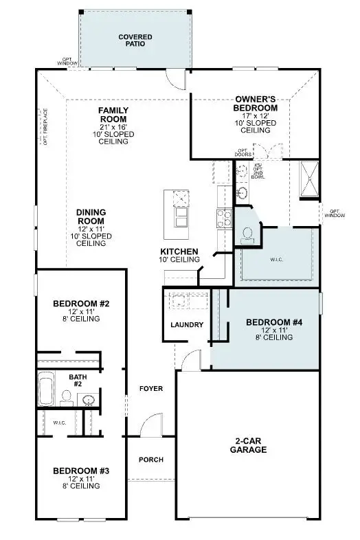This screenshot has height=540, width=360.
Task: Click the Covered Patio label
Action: (135, 40)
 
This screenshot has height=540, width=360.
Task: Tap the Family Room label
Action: (113, 115)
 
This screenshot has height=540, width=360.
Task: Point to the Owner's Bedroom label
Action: (256, 104)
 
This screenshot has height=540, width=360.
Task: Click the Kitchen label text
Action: (179, 251)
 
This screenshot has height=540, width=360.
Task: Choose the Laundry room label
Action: (186, 324)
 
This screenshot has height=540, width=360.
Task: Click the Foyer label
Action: (151, 388)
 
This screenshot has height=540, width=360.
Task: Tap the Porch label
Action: (151, 460)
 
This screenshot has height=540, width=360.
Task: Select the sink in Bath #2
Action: (89, 400)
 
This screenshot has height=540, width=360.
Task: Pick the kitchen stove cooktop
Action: (224, 218)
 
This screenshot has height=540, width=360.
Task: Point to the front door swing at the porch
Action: (150, 426)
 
